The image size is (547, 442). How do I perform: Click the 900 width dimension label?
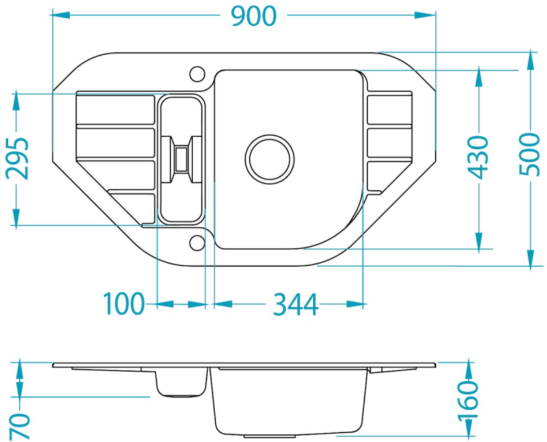pyautogui.click(x=254, y=16)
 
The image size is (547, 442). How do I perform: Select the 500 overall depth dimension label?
pyautogui.click(x=529, y=154)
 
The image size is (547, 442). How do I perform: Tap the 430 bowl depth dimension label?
pyautogui.click(x=478, y=157)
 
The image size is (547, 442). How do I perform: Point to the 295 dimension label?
pyautogui.click(x=17, y=158)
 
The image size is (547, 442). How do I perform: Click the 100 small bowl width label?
pyautogui.click(x=124, y=304)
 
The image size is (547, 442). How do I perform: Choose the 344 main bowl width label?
pyautogui.click(x=295, y=304)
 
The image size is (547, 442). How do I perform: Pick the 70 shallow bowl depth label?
pyautogui.click(x=20, y=426)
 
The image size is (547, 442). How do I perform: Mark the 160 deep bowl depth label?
pyautogui.click(x=468, y=402)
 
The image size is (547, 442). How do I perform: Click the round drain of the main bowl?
pyautogui.click(x=269, y=159)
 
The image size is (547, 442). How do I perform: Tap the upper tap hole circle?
pyautogui.click(x=197, y=74)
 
